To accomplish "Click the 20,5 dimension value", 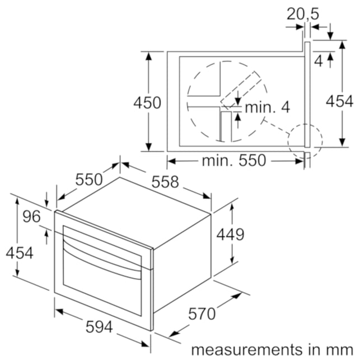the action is point(303,14).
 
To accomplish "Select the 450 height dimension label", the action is point(147,102).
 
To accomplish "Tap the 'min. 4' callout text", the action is point(268,108).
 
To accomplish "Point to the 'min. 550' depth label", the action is point(233,160).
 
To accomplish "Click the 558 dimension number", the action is point(165,181).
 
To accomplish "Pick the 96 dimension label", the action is point(31,216).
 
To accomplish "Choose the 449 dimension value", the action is point(230,234).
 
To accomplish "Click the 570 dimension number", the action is point(202,314).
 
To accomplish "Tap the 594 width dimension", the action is point(99,326).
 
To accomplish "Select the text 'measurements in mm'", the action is point(272,349).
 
